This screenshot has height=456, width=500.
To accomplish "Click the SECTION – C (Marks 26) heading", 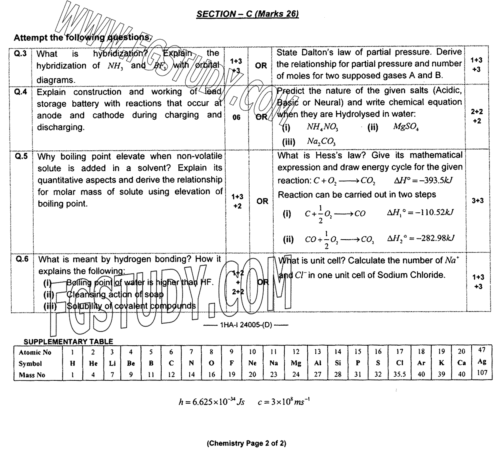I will pyautogui.click(x=248, y=14).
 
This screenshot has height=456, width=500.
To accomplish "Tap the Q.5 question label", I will pyautogui.click(x=22, y=156).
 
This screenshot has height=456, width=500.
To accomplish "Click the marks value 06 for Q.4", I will pyautogui.click(x=236, y=118).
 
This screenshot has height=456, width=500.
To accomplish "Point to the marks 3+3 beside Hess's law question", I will pyautogui.click(x=478, y=200).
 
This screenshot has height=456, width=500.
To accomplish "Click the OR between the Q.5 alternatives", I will pyautogui.click(x=262, y=201).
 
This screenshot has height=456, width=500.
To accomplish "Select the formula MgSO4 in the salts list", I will pyautogui.click(x=406, y=127).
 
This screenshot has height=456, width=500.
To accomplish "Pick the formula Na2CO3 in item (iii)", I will pyautogui.click(x=321, y=141).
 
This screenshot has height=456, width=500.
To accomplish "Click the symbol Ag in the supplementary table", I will pyautogui.click(x=482, y=362).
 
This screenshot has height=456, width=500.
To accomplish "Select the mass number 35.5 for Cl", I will pyautogui.click(x=399, y=375).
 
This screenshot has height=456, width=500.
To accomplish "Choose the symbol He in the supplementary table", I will pyautogui.click(x=93, y=364).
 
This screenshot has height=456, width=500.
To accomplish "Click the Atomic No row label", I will pyautogui.click(x=35, y=352).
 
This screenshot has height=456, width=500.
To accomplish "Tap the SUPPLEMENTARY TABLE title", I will pyautogui.click(x=68, y=342).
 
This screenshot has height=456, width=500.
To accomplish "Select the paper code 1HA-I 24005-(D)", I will pyautogui.click(x=246, y=325).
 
